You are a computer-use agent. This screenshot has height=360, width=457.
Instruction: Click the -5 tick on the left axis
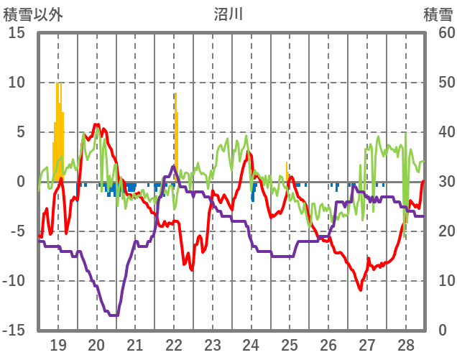[16, 231]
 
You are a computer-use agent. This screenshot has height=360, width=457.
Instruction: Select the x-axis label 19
[58, 343]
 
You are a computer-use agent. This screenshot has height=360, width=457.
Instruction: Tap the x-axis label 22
[175, 343]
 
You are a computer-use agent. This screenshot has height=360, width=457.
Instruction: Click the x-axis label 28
[406, 343]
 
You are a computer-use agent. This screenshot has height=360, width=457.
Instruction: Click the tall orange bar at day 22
[175, 137]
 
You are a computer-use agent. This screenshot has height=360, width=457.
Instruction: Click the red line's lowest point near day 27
[360, 290]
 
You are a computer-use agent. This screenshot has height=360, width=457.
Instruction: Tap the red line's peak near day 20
[96, 125]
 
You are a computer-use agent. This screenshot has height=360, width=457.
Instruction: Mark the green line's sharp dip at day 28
[405, 237]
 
